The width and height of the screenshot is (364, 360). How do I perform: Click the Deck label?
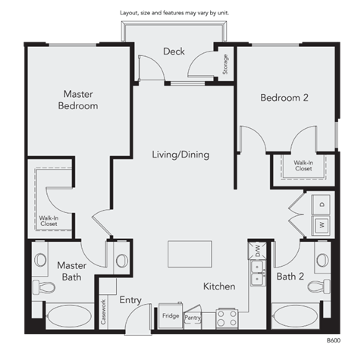click(174, 52)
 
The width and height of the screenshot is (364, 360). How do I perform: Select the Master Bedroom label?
click(78, 100)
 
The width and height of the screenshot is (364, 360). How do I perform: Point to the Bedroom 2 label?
click(285, 97)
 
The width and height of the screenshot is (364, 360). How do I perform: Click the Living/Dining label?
click(180, 155)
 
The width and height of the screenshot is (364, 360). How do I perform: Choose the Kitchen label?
click(218, 286)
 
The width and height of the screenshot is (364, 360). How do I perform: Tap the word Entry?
click(130, 300)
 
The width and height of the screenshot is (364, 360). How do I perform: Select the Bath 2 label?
click(290, 276)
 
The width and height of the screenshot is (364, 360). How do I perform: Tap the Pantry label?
click(192, 318)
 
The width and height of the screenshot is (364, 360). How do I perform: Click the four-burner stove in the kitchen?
click(227, 317)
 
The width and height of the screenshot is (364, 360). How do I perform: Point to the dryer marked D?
click(322, 204)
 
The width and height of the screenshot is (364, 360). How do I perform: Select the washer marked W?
click(322, 225)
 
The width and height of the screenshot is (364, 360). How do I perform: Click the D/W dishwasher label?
click(257, 249)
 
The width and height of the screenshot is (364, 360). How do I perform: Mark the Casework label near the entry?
click(103, 311)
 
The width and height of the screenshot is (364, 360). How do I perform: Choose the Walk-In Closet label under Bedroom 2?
click(303, 165)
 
